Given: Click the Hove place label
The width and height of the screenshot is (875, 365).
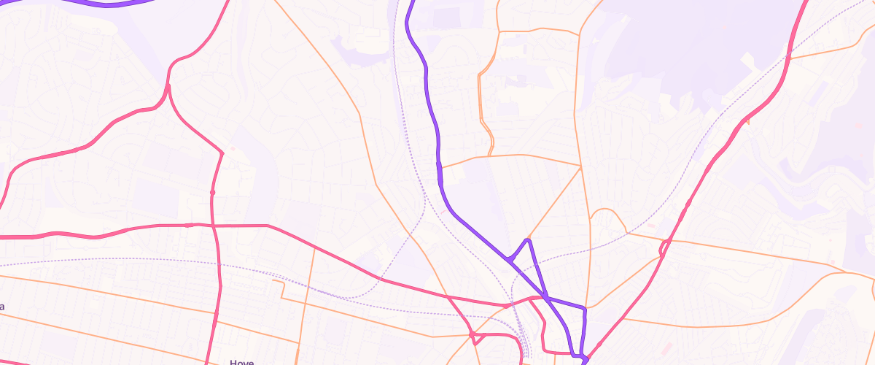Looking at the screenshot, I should pos(241,361).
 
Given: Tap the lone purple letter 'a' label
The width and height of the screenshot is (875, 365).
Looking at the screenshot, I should pos(2,307).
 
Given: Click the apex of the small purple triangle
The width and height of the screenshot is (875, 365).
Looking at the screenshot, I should pos(527,239).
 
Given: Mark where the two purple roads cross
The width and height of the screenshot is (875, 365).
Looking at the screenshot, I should pos(545,296).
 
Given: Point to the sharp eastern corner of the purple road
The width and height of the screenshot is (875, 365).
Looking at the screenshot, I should pos(584,309).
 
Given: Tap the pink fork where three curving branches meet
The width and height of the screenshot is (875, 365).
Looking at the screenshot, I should pos(168,85).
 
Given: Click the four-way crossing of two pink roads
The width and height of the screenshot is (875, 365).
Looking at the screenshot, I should pos(214,226).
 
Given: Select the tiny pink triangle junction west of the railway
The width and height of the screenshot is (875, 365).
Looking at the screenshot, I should pos(472,335).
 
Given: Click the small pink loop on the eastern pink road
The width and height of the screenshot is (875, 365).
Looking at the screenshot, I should pos(663,248).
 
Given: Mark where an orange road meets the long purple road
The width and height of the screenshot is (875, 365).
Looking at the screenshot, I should pos(440,167).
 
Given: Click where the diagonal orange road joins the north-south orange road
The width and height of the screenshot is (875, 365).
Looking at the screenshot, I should pos(580,166).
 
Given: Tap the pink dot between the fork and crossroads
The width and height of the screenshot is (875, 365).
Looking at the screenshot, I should pos(212,192).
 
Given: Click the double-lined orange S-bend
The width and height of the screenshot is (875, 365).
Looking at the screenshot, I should pos(483,117).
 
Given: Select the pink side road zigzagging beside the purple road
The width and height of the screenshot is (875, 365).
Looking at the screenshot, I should pos(540,321).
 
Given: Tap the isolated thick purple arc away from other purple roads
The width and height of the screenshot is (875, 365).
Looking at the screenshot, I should pos(109,4).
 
